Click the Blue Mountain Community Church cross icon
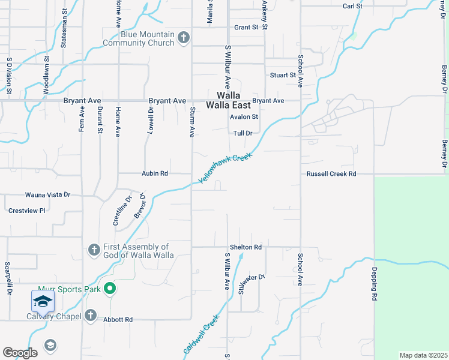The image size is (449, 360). click(184, 38)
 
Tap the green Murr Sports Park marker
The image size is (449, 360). click(109, 289)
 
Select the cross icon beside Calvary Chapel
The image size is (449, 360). click(91, 315)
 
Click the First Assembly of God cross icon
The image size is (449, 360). click(94, 250)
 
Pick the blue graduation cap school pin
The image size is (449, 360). click(43, 301)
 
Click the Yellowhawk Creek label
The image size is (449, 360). click(226, 168)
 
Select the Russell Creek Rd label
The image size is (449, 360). click(331, 173)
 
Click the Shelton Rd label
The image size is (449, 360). click(246, 247)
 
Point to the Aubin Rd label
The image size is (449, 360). click(155, 173)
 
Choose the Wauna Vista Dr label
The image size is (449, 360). click(47, 195)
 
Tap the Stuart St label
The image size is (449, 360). click(283, 75)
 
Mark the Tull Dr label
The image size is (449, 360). click(243, 133)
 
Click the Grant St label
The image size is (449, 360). click(246, 28)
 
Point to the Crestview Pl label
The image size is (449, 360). click(27, 211)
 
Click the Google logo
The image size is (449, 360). click(20, 353)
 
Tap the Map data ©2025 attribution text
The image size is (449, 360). click(423, 355)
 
